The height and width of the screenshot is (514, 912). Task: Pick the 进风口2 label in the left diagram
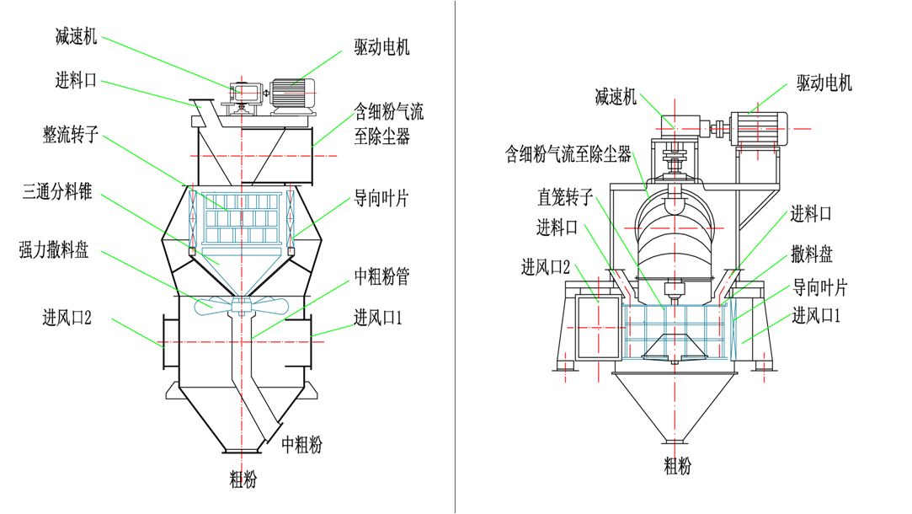click(x=67, y=318)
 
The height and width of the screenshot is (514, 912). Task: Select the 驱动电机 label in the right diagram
click(x=824, y=83)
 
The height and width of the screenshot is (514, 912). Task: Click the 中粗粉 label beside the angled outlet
click(x=301, y=443)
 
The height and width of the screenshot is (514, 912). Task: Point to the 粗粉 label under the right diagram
click(x=678, y=465)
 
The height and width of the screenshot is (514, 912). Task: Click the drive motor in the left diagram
click(x=291, y=90)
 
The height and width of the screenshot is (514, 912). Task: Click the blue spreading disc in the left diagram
click(x=241, y=306)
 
